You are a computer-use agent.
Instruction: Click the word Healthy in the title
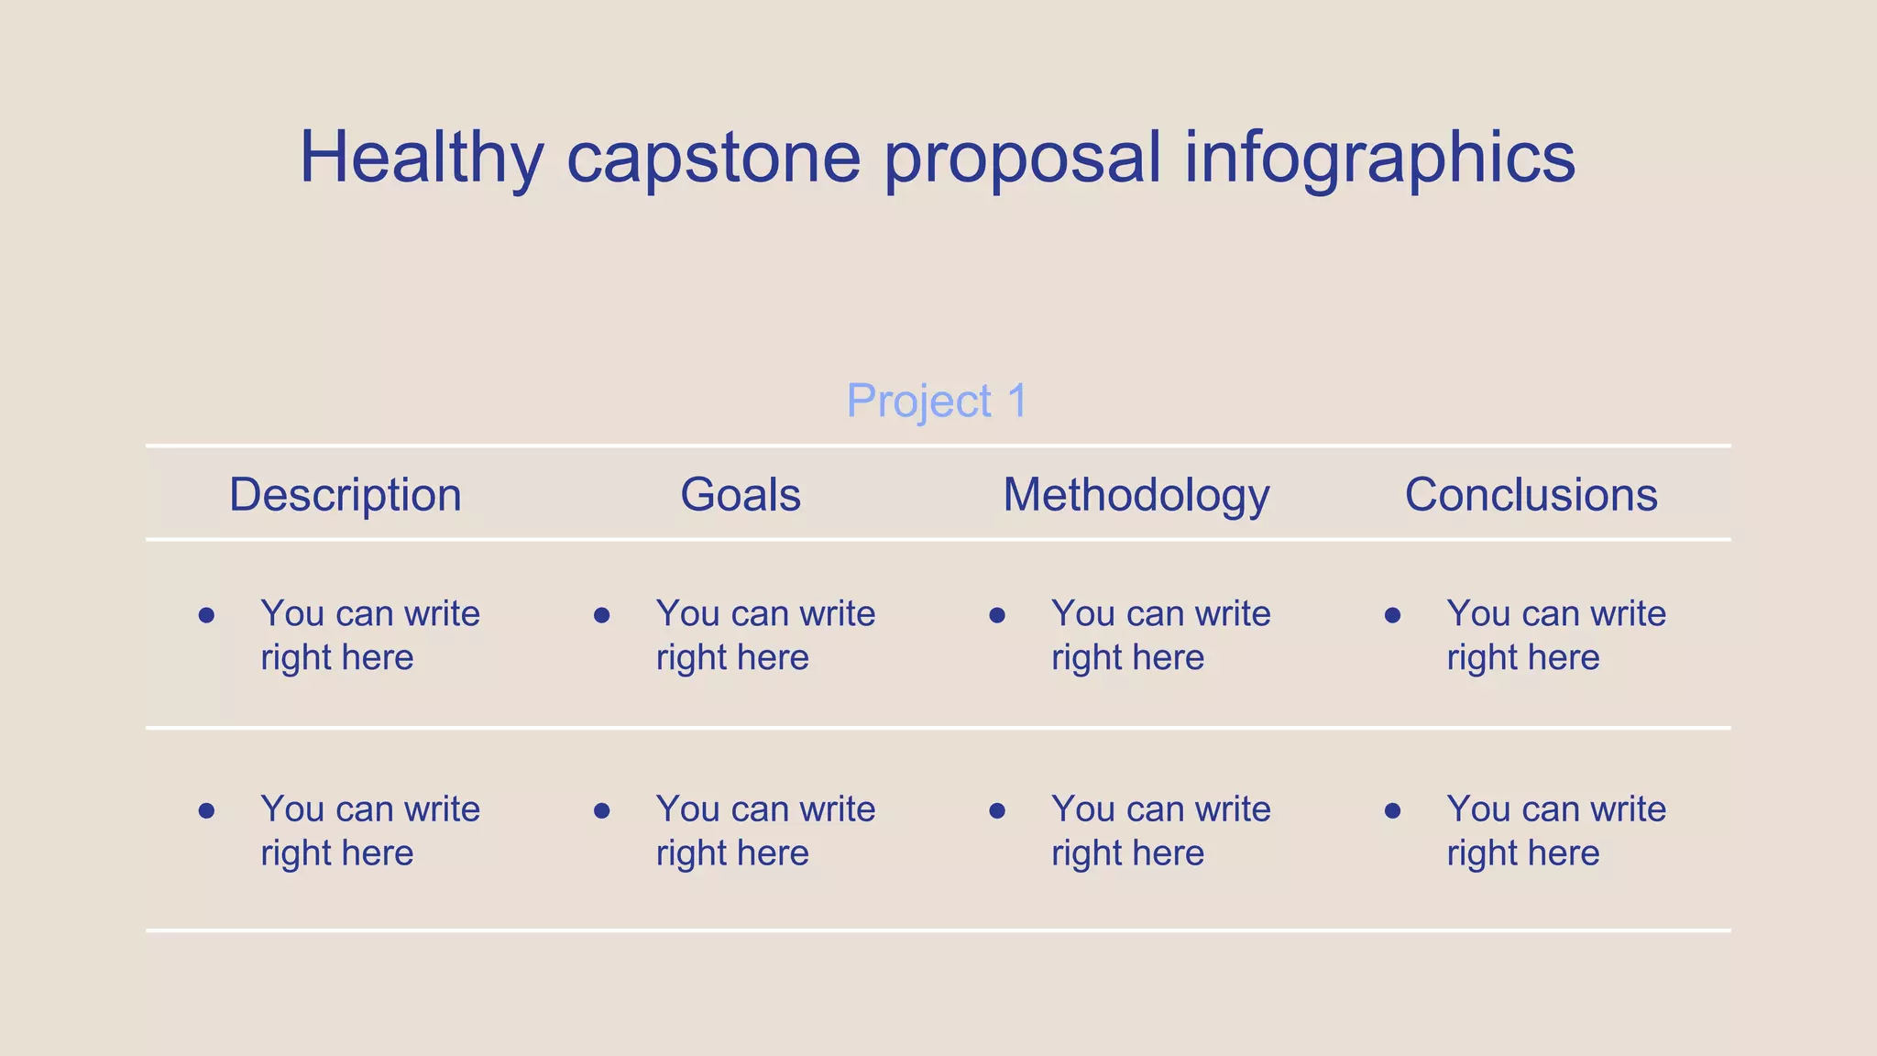pos(422,158)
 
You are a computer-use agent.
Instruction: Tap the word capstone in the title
pos(713,158)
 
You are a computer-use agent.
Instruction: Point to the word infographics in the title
pos(1379,158)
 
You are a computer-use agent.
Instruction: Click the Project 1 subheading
pos(937,401)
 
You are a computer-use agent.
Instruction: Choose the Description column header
pos(345,495)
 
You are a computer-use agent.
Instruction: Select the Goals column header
pos(741,495)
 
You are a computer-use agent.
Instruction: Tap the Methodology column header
pos(1136,495)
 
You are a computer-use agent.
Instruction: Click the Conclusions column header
pos(1531,495)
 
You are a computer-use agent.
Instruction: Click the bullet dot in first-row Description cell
pos(206,615)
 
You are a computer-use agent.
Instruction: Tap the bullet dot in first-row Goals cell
pos(602,615)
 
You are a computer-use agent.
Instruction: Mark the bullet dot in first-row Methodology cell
pos(997,615)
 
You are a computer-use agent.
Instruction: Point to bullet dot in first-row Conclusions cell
pos(1392,615)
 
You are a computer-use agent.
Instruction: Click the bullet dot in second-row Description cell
pos(206,810)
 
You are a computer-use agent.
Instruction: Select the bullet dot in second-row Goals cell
pos(602,810)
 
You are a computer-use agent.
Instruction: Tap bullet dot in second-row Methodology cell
pos(997,810)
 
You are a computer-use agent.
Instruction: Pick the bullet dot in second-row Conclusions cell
pos(1392,810)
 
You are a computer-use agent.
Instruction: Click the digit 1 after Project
pos(1016,401)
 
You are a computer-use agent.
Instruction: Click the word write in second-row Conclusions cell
pos(1628,809)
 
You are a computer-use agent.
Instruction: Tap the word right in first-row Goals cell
pos(690,658)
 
